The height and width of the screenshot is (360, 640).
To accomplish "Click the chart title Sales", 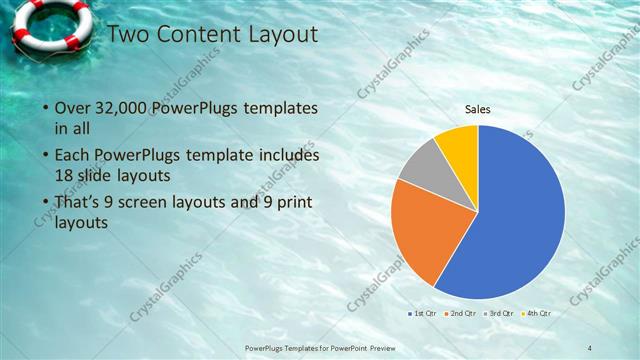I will point(478,110).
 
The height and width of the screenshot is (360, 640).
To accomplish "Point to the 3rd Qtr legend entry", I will point(498,313).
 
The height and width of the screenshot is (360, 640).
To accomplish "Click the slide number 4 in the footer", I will point(590,347).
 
